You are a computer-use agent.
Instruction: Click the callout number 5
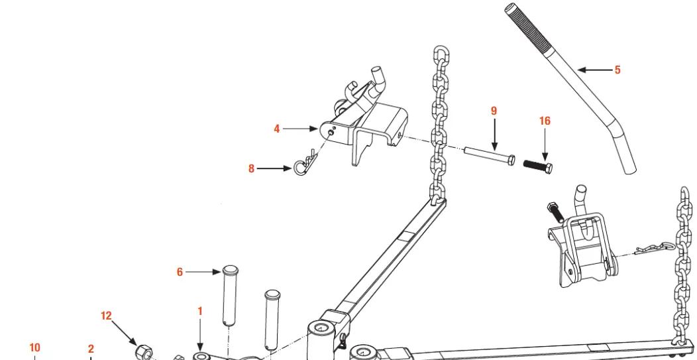pos(617,70)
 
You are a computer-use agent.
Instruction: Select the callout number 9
pos(494,111)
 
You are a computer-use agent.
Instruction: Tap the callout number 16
pos(545,121)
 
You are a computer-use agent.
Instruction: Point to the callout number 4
pos(277,129)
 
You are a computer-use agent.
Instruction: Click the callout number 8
pos(251,169)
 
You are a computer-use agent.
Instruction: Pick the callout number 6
pos(180,272)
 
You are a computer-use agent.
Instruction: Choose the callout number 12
pos(106,316)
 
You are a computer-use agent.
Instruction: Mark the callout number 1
pos(200,311)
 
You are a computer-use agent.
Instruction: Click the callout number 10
pos(34,347)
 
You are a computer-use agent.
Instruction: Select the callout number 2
pos(91,349)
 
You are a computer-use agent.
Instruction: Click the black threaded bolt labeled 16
pos(537,163)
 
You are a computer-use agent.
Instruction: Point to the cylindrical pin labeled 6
pos(229,295)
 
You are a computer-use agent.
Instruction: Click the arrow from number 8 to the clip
pos(274,169)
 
